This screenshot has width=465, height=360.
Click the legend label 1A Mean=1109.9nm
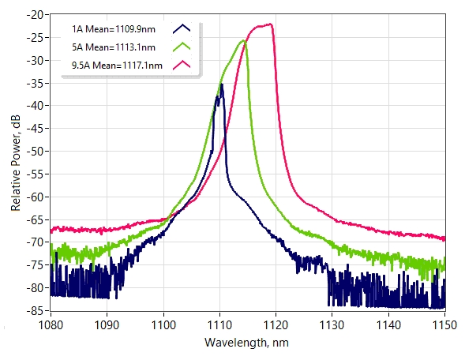pos(114,29)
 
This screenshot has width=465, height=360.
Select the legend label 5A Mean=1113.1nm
pos(114,47)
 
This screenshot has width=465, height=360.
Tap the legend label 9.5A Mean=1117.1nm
pos(117,66)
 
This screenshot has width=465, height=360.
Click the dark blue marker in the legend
pos(182,28)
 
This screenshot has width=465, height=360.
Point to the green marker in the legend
pos(182,47)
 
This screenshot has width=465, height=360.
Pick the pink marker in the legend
pos(182,65)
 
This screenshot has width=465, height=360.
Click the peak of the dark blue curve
pos(221,84)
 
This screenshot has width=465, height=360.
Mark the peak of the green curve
pos(243,40)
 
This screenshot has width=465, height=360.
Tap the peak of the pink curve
pos(271,24)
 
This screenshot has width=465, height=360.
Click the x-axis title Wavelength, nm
pos(246,343)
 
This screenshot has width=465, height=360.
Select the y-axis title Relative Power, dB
pos(16,163)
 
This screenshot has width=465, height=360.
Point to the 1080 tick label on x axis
pos(51,325)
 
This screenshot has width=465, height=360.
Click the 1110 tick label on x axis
pos(219,325)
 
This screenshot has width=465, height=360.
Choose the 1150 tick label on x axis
pos(444,325)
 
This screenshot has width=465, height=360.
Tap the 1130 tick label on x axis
pos(332,325)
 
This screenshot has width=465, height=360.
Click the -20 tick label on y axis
pos(35,14)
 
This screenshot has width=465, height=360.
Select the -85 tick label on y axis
pos(35,310)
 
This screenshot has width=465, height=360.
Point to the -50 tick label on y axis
pos(35,152)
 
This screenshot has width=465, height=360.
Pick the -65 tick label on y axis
pos(35,219)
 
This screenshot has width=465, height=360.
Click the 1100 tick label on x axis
pos(163,325)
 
